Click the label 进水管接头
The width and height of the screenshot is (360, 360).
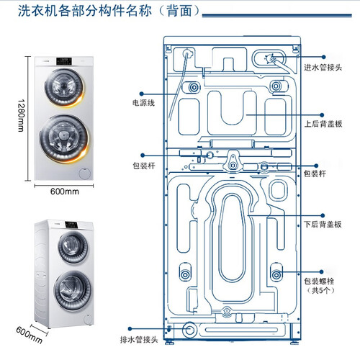point(323,68)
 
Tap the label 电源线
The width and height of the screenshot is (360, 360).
point(143,103)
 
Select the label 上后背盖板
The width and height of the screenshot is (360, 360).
point(323,124)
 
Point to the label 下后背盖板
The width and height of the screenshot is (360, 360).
point(323,225)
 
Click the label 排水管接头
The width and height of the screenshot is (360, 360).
point(139,340)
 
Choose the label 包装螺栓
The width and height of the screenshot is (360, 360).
point(319,281)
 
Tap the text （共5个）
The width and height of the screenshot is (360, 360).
point(320,290)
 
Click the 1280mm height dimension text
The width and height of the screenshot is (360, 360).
point(21,115)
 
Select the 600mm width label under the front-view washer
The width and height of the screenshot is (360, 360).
point(65,192)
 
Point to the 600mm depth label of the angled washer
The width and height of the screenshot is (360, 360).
point(29,335)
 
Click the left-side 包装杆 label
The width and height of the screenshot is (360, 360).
point(144,166)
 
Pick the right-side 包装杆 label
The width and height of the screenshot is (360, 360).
point(315,174)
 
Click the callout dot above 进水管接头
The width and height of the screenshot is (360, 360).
point(323,57)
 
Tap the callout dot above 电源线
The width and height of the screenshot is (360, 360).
point(142,94)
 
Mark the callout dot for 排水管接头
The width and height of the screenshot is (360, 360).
point(130,328)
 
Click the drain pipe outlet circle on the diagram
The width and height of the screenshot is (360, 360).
point(189,330)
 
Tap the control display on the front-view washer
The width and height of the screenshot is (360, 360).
point(64,61)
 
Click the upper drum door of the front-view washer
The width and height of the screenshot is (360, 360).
point(64,87)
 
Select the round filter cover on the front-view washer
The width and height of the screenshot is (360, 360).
point(85,174)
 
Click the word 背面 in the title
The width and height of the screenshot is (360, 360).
point(179,11)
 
